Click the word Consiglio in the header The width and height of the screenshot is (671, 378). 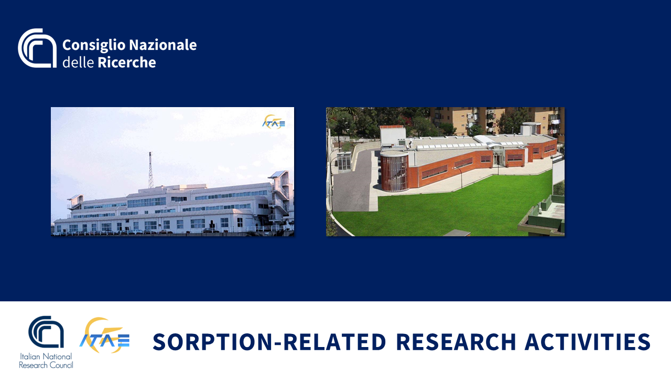click(94, 46)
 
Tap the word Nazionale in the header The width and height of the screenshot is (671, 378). click(163, 45)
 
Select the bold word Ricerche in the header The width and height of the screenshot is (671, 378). click(127, 62)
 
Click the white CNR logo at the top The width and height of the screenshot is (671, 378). click(37, 48)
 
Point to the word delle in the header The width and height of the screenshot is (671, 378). click(78, 62)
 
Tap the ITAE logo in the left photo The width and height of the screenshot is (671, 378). click(274, 122)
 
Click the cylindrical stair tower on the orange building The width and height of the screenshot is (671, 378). click(395, 171)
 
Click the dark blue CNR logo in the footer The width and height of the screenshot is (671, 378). click(46, 332)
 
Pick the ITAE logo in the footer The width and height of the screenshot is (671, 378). click(104, 335)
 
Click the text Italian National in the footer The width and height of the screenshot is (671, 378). click(46, 356)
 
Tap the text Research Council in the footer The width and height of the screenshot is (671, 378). click(46, 365)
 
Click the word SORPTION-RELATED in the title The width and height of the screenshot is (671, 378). click(269, 342)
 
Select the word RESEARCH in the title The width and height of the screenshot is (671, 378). click(456, 342)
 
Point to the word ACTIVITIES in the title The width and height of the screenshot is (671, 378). click(588, 342)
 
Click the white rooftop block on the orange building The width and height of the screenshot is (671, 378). click(393, 136)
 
